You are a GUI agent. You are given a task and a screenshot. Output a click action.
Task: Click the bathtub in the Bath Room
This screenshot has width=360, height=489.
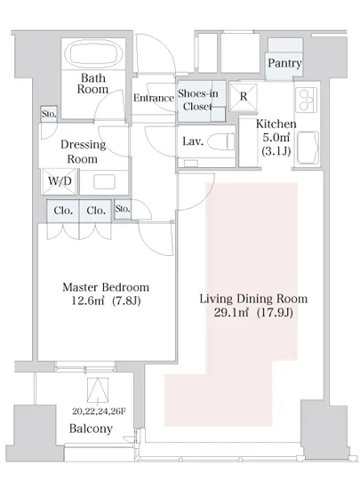click(x=93, y=53)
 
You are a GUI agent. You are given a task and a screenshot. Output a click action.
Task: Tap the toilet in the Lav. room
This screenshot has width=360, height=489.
click(x=221, y=141)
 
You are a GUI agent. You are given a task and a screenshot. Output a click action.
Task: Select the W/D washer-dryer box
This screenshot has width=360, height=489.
click(x=60, y=181)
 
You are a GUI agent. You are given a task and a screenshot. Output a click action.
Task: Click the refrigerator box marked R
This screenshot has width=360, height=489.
click(x=244, y=97)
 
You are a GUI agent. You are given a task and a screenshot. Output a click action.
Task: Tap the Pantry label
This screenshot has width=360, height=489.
click(x=284, y=63)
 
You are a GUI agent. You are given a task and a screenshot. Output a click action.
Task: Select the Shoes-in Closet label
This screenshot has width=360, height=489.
click(x=197, y=100)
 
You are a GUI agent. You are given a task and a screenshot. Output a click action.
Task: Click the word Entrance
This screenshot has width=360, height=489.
click(x=154, y=98)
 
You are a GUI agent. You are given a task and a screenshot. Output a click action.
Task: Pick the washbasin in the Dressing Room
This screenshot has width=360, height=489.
click(x=104, y=181)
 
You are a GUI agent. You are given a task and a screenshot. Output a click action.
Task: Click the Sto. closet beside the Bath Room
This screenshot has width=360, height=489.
click(x=49, y=114)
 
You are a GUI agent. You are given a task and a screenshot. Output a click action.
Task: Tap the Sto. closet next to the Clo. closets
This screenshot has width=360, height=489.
click(x=123, y=209)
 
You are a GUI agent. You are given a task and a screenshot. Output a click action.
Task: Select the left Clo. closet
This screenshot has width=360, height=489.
click(x=63, y=211)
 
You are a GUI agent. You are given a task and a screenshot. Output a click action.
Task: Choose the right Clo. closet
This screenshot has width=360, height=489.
click(x=95, y=211)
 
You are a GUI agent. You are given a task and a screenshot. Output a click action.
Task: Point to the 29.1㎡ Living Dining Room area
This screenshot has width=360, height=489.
click(x=231, y=313)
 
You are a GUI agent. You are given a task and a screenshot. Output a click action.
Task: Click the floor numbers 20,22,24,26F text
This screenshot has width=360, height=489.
click(x=99, y=412)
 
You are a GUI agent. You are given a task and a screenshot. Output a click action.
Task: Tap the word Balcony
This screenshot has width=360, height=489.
click(x=91, y=429)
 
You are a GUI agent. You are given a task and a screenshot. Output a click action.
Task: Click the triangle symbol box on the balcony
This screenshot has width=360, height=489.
click(x=98, y=390)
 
